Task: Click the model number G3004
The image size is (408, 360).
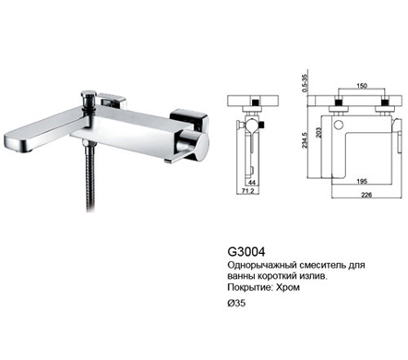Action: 246,252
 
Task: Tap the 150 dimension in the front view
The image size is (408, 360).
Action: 362,86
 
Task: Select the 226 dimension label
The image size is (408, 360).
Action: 366,195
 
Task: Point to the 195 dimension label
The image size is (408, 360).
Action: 362,182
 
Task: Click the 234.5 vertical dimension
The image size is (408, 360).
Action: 305,140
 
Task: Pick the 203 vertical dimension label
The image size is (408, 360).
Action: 318,133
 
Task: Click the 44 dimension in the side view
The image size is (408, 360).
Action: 252,183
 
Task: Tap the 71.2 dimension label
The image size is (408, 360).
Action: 247,191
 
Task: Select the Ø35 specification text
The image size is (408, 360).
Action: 236,303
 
